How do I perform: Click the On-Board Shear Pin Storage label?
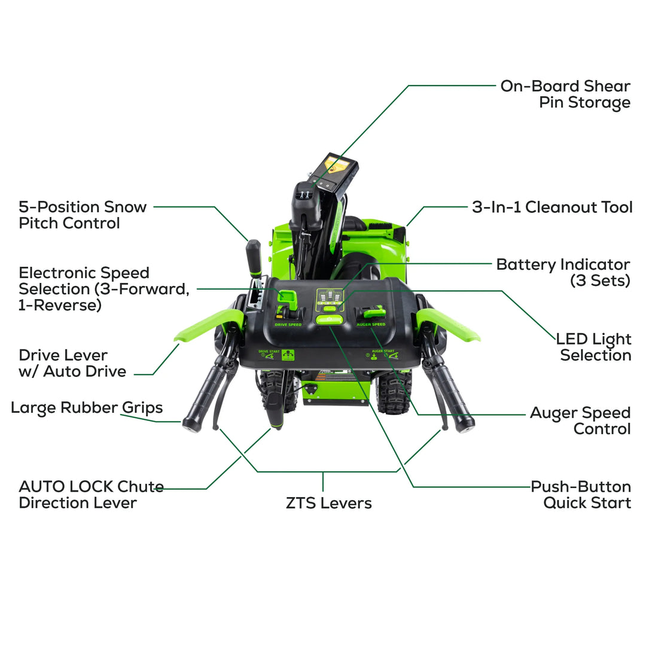click(x=565, y=94)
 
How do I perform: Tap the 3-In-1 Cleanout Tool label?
click(x=551, y=208)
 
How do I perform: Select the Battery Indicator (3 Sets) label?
click(x=563, y=272)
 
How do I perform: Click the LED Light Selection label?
click(x=593, y=347)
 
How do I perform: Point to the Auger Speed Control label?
click(x=580, y=420)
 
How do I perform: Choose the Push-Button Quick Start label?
click(x=580, y=495)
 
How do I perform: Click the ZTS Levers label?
click(x=328, y=503)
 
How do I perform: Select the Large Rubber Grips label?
click(x=87, y=408)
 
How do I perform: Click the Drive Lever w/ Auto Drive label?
click(x=72, y=363)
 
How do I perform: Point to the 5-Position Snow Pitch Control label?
click(x=83, y=215)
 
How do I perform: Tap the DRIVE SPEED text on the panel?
click(x=288, y=324)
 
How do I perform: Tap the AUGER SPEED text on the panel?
click(x=370, y=324)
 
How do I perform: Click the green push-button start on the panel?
click(x=329, y=320)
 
